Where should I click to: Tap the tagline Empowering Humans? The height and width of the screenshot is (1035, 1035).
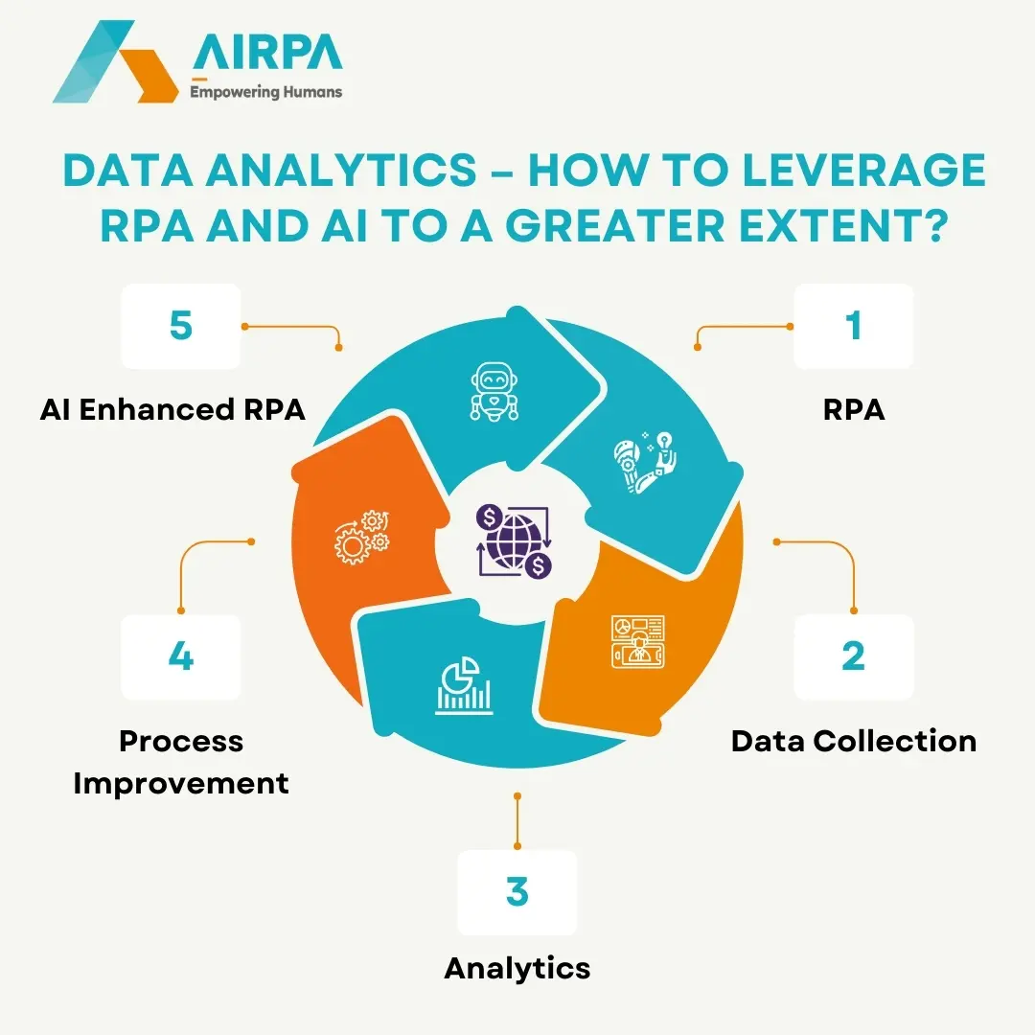[266, 93]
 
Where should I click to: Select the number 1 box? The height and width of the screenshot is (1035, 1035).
[853, 327]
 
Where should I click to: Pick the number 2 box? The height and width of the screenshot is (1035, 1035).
[853, 657]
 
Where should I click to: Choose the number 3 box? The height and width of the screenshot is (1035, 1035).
[517, 892]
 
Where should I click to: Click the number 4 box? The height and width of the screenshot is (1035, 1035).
[180, 657]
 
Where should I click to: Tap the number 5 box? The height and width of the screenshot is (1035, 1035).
[180, 327]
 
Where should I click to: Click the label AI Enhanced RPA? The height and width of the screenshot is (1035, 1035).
[172, 409]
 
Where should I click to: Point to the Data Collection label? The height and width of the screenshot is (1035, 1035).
[853, 741]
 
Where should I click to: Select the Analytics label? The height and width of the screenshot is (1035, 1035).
[517, 968]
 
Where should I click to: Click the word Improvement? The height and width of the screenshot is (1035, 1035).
[180, 783]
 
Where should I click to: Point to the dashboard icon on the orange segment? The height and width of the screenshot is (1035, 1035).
[637, 641]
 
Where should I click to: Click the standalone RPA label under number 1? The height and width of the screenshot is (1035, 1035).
[853, 409]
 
